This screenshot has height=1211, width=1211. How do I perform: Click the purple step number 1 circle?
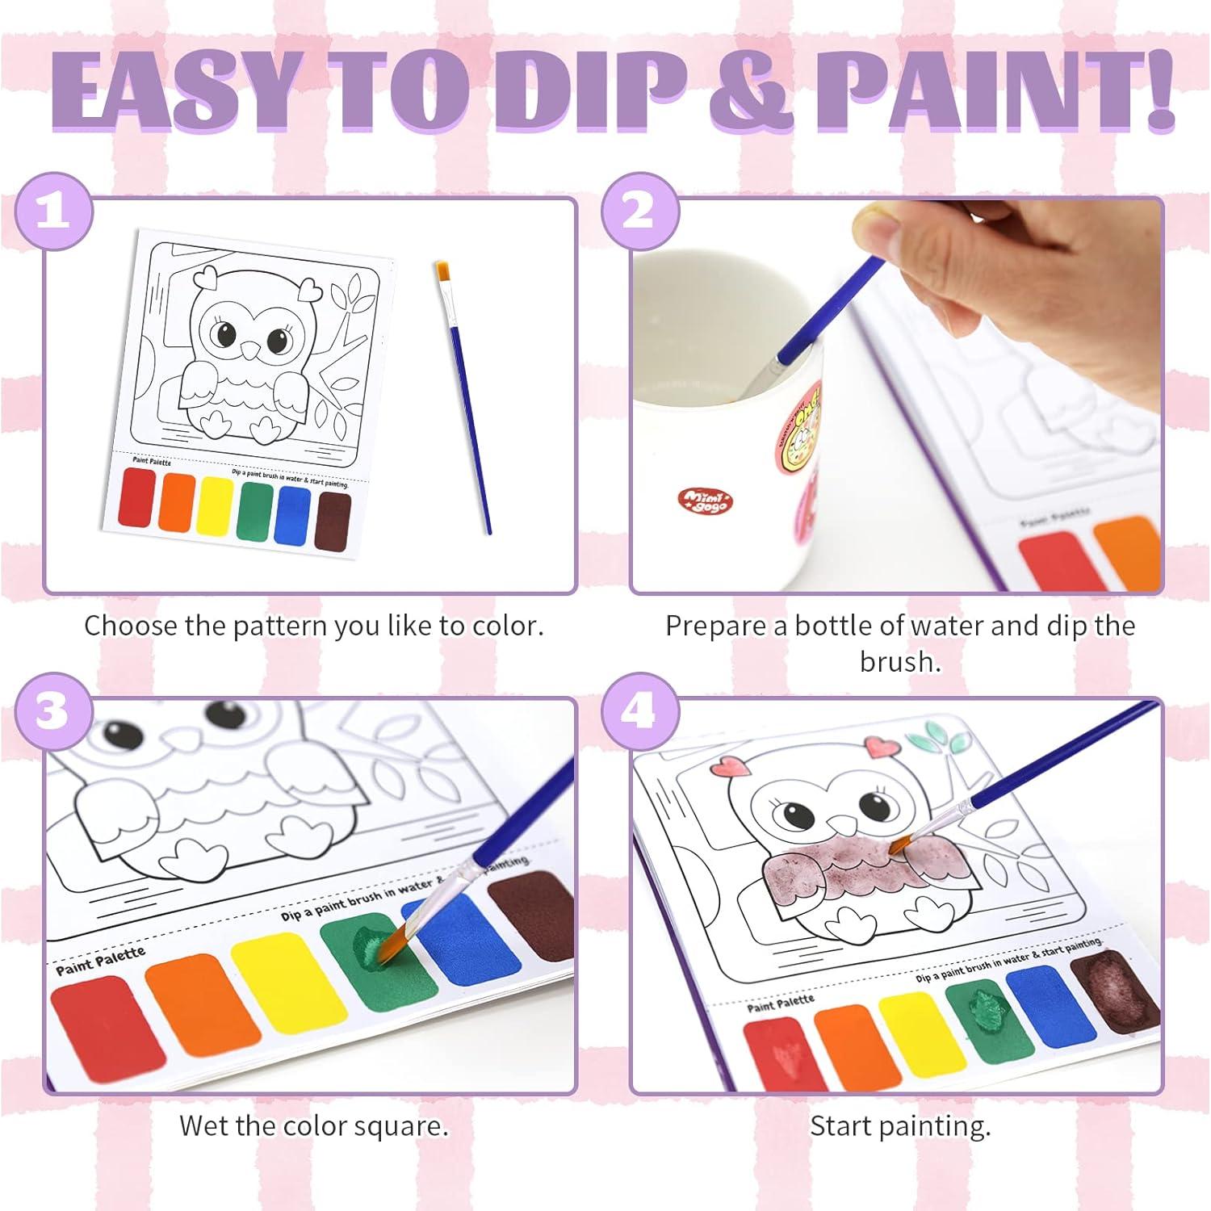[x=54, y=212]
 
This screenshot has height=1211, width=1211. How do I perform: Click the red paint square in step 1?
[x=136, y=497]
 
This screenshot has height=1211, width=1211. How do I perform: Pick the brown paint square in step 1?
[x=333, y=521]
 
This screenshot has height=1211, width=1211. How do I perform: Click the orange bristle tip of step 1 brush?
[x=442, y=271]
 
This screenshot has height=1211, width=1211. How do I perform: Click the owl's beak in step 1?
[x=253, y=349]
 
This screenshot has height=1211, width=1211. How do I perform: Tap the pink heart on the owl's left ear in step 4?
[x=731, y=766]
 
